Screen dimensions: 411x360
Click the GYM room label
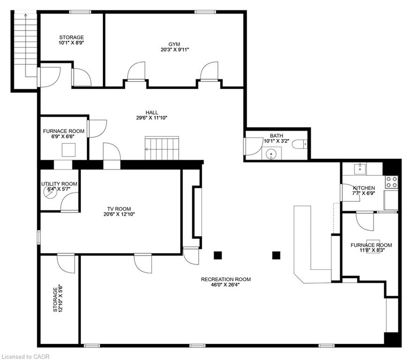(175, 44)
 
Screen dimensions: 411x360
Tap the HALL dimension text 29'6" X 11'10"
(152, 118)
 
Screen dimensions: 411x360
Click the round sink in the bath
(270, 155)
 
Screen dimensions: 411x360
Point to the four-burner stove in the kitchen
(392, 182)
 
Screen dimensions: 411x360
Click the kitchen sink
(360, 169)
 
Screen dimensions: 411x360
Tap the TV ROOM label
(119, 209)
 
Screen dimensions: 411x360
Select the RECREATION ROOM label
(226, 279)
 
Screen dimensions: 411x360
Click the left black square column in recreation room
(218, 255)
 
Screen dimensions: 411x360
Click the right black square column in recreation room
(276, 255)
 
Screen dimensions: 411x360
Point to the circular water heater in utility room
(50, 192)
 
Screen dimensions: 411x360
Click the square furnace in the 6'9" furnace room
(68, 150)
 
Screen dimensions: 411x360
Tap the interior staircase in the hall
(162, 148)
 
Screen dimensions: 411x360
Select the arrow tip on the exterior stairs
(25, 15)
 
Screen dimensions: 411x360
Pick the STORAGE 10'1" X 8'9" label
(71, 40)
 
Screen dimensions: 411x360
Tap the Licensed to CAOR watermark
(25, 356)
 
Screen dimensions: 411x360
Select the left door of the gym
(136, 71)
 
